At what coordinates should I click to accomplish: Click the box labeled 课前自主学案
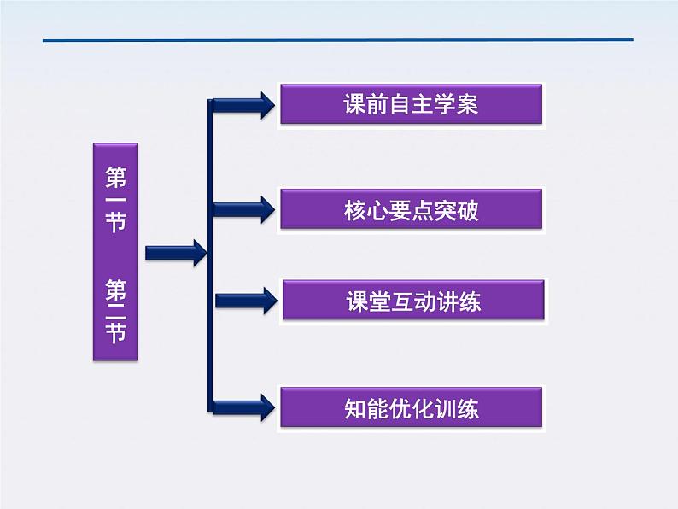[x=411, y=104]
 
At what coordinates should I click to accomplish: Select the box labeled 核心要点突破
[x=411, y=210]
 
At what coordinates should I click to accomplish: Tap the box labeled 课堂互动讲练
[x=412, y=301]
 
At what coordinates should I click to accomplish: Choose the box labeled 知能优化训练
[x=411, y=407]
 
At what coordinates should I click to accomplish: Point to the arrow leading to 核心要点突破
[x=243, y=208]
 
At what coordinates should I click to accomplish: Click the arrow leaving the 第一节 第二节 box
[x=175, y=253]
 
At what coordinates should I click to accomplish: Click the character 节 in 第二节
[x=115, y=331]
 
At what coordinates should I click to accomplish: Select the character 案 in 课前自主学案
[x=467, y=105]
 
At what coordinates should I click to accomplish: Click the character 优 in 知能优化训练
[x=400, y=408]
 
